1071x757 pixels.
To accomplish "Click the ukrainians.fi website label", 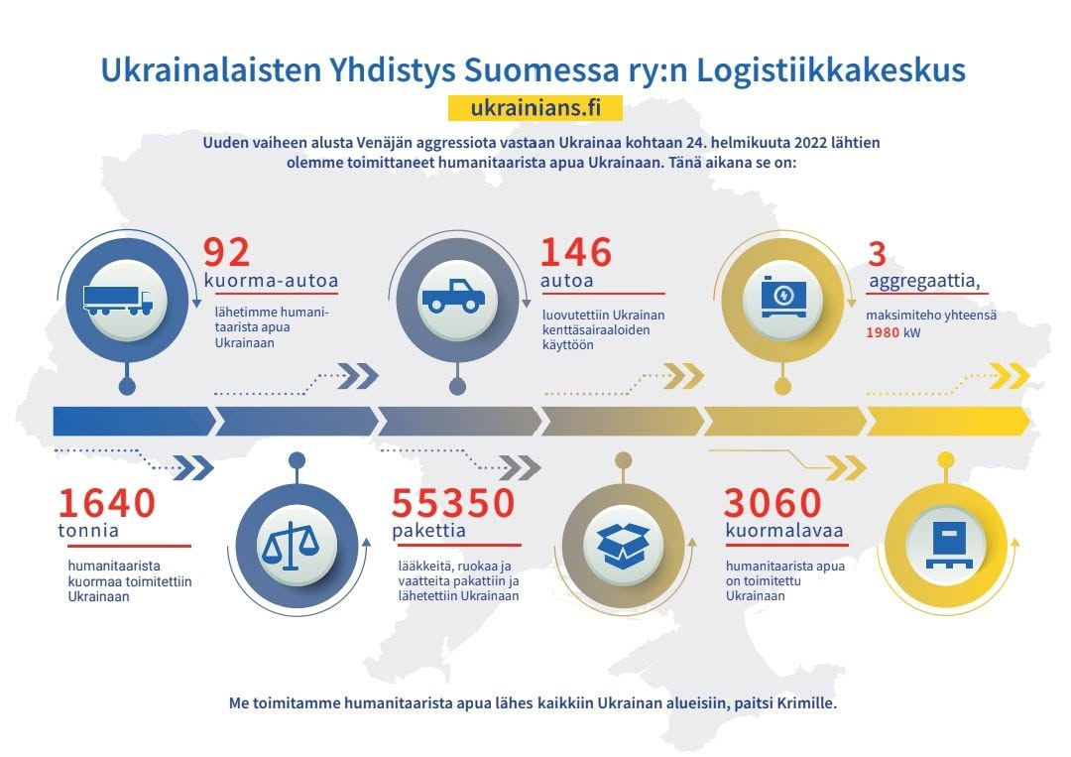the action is click(535, 108).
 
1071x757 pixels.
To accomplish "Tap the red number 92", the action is click(227, 252).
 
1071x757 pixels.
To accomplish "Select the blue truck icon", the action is click(118, 301).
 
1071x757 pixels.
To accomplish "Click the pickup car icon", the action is click(453, 296).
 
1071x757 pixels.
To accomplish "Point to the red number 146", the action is click(576, 252).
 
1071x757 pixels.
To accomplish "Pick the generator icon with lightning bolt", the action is click(783, 296).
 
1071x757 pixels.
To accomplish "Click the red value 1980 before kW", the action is click(883, 332).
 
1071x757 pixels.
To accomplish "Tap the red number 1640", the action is click(106, 503).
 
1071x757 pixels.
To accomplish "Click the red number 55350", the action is click(453, 503).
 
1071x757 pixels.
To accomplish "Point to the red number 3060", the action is click(773, 503).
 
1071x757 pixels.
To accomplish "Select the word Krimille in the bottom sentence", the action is click(806, 703).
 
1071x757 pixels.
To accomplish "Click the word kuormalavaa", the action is click(784, 530).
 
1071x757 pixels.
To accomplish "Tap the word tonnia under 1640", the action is click(88, 530).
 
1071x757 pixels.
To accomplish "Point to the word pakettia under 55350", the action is click(429, 530).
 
